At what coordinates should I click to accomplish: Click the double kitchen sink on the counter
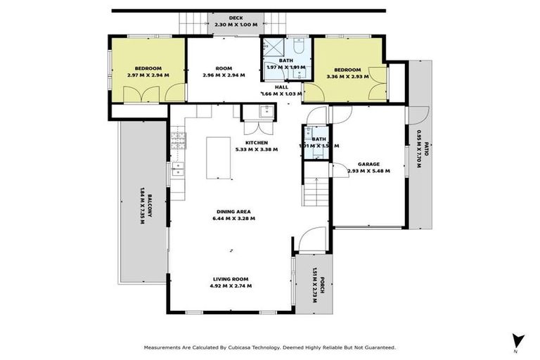pos(178,169)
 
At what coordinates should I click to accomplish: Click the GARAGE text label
pos(368,162)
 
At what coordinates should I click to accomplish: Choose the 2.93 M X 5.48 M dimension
pos(368,170)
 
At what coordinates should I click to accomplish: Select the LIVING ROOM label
pos(230,278)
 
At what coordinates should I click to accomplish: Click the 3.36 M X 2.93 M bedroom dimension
pos(347,77)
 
